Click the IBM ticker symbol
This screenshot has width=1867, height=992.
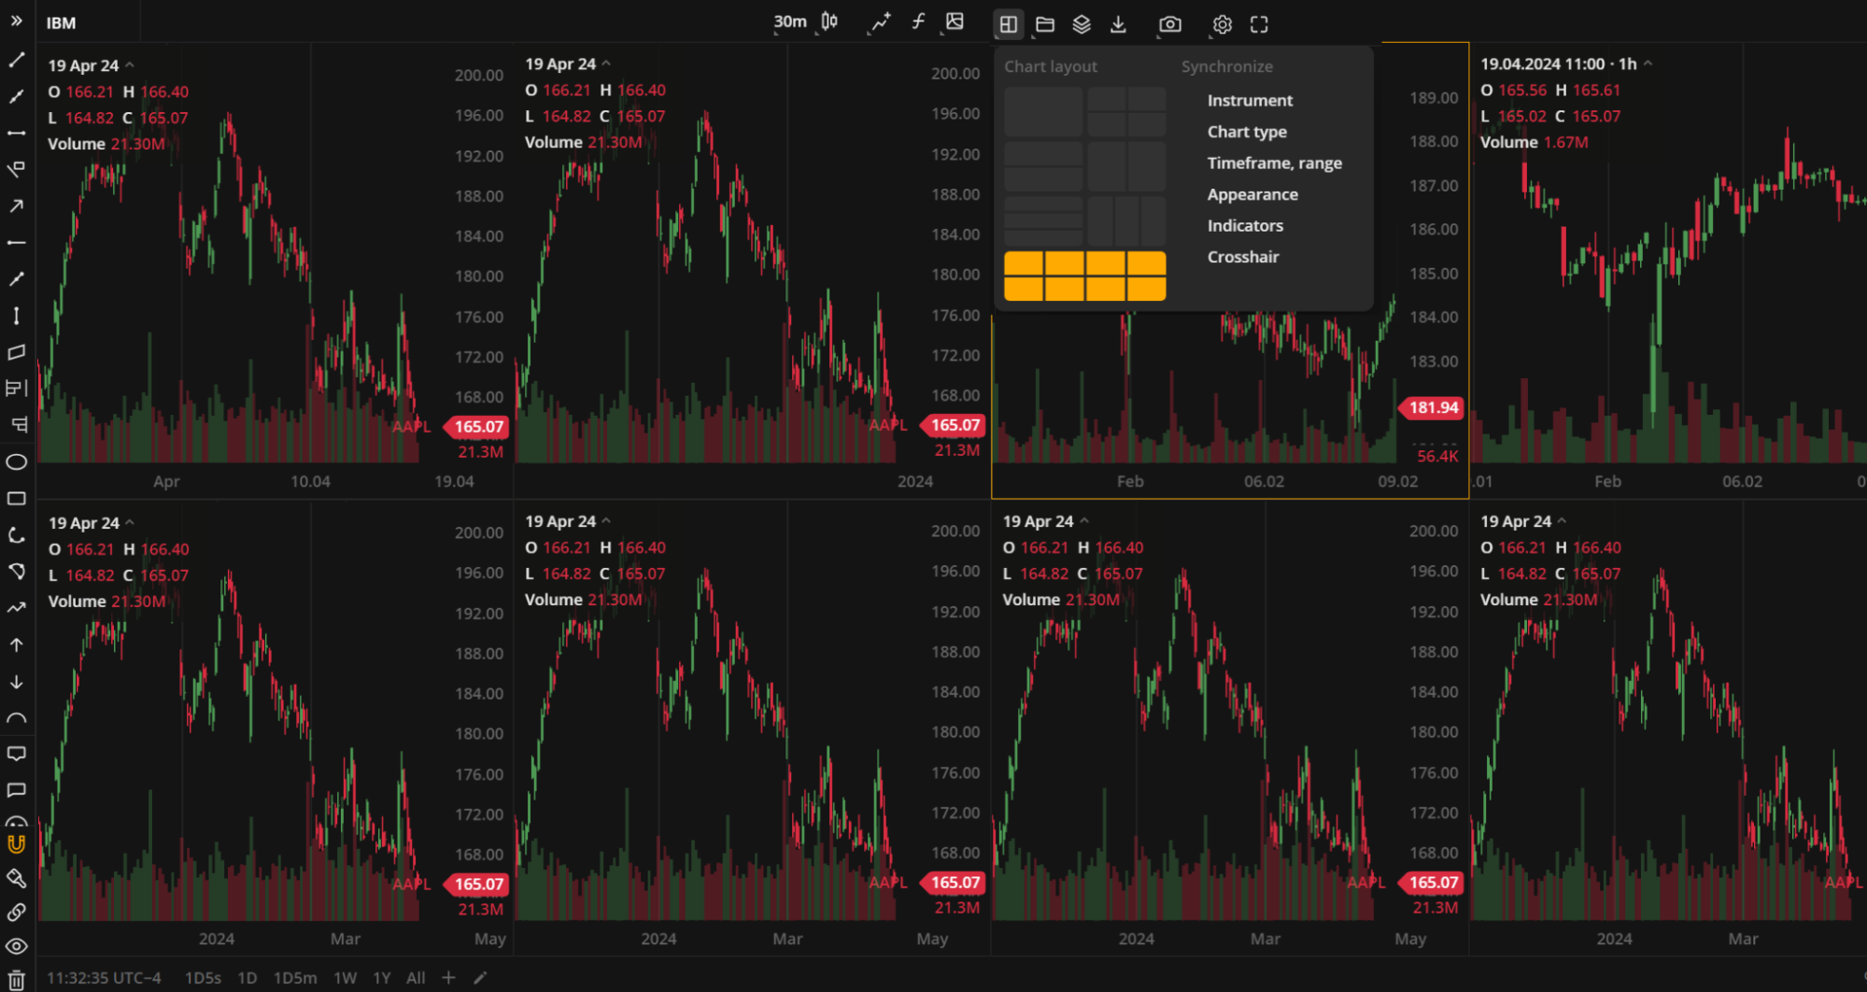pyautogui.click(x=62, y=23)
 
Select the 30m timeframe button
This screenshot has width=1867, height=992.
pyautogui.click(x=790, y=22)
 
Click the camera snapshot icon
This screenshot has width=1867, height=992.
pyautogui.click(x=1169, y=24)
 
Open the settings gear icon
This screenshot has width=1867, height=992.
pyautogui.click(x=1222, y=24)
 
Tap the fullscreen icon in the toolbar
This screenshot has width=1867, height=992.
pyautogui.click(x=1259, y=24)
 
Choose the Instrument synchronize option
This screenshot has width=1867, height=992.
pyautogui.click(x=1250, y=101)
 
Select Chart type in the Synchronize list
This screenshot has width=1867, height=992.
pyautogui.click(x=1247, y=132)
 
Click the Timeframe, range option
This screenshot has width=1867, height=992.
pyautogui.click(x=1274, y=163)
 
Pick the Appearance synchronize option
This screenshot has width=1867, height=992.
pyautogui.click(x=1252, y=194)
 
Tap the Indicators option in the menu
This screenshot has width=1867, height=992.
pyautogui.click(x=1245, y=226)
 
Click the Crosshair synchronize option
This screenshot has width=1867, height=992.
pyautogui.click(x=1243, y=257)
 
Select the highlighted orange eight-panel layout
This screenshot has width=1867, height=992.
pyautogui.click(x=1084, y=276)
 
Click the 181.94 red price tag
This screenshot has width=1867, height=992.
pyautogui.click(x=1433, y=407)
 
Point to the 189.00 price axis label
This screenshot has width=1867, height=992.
pyautogui.click(x=1434, y=98)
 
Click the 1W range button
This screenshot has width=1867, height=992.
pyautogui.click(x=346, y=978)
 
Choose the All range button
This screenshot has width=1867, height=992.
pyautogui.click(x=416, y=978)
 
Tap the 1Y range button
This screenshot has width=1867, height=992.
pyautogui.click(x=382, y=978)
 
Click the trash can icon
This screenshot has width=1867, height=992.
pyautogui.click(x=17, y=980)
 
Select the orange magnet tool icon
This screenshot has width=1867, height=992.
pyautogui.click(x=17, y=844)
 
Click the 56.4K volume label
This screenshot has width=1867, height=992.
pyautogui.click(x=1436, y=457)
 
